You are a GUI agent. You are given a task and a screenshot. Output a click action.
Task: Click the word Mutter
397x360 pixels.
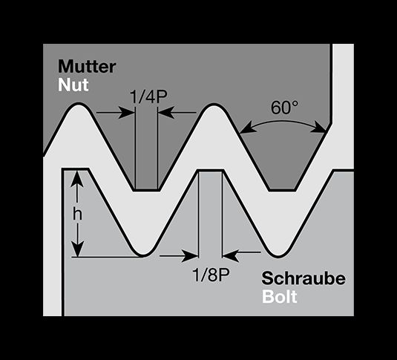click(87, 66)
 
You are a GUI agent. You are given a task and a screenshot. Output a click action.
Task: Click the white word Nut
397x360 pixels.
click(73, 85)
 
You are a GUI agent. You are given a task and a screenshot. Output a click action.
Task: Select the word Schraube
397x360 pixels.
click(304, 278)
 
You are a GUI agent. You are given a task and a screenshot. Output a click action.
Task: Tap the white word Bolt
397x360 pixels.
click(280, 296)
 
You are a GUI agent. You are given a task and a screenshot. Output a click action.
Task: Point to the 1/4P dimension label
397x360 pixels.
click(148, 96)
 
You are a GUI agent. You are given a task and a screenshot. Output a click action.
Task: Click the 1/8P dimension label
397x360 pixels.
click(211, 275)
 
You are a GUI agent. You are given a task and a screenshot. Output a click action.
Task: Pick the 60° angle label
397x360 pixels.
click(284, 108)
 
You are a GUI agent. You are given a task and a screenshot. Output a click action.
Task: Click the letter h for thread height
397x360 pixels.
click(77, 215)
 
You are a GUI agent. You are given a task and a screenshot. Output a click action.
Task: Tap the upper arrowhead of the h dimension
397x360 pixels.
click(76, 178)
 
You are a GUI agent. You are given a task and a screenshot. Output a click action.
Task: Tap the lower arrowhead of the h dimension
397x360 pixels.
click(76, 249)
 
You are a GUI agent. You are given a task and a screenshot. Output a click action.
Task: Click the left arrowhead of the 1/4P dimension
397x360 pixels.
click(126, 112)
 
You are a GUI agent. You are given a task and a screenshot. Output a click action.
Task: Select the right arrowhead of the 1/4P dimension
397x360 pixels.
click(166, 112)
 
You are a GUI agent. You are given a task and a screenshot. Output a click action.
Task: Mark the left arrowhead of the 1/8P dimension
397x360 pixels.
click(190, 255)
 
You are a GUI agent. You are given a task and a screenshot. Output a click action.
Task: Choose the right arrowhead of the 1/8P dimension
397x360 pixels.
click(230, 255)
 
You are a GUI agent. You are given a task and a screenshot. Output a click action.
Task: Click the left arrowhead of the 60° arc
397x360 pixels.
click(246, 128)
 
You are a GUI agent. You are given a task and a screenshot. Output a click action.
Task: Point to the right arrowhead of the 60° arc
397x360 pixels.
click(318, 128)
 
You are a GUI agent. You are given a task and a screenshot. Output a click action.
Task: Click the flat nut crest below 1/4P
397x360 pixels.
click(147, 190)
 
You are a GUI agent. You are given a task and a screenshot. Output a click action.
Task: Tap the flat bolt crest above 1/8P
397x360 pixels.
click(211, 171)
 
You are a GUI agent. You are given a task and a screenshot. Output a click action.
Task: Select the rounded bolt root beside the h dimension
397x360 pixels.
click(143, 254)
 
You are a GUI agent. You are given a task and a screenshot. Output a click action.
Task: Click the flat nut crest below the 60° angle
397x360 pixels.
click(282, 190)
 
